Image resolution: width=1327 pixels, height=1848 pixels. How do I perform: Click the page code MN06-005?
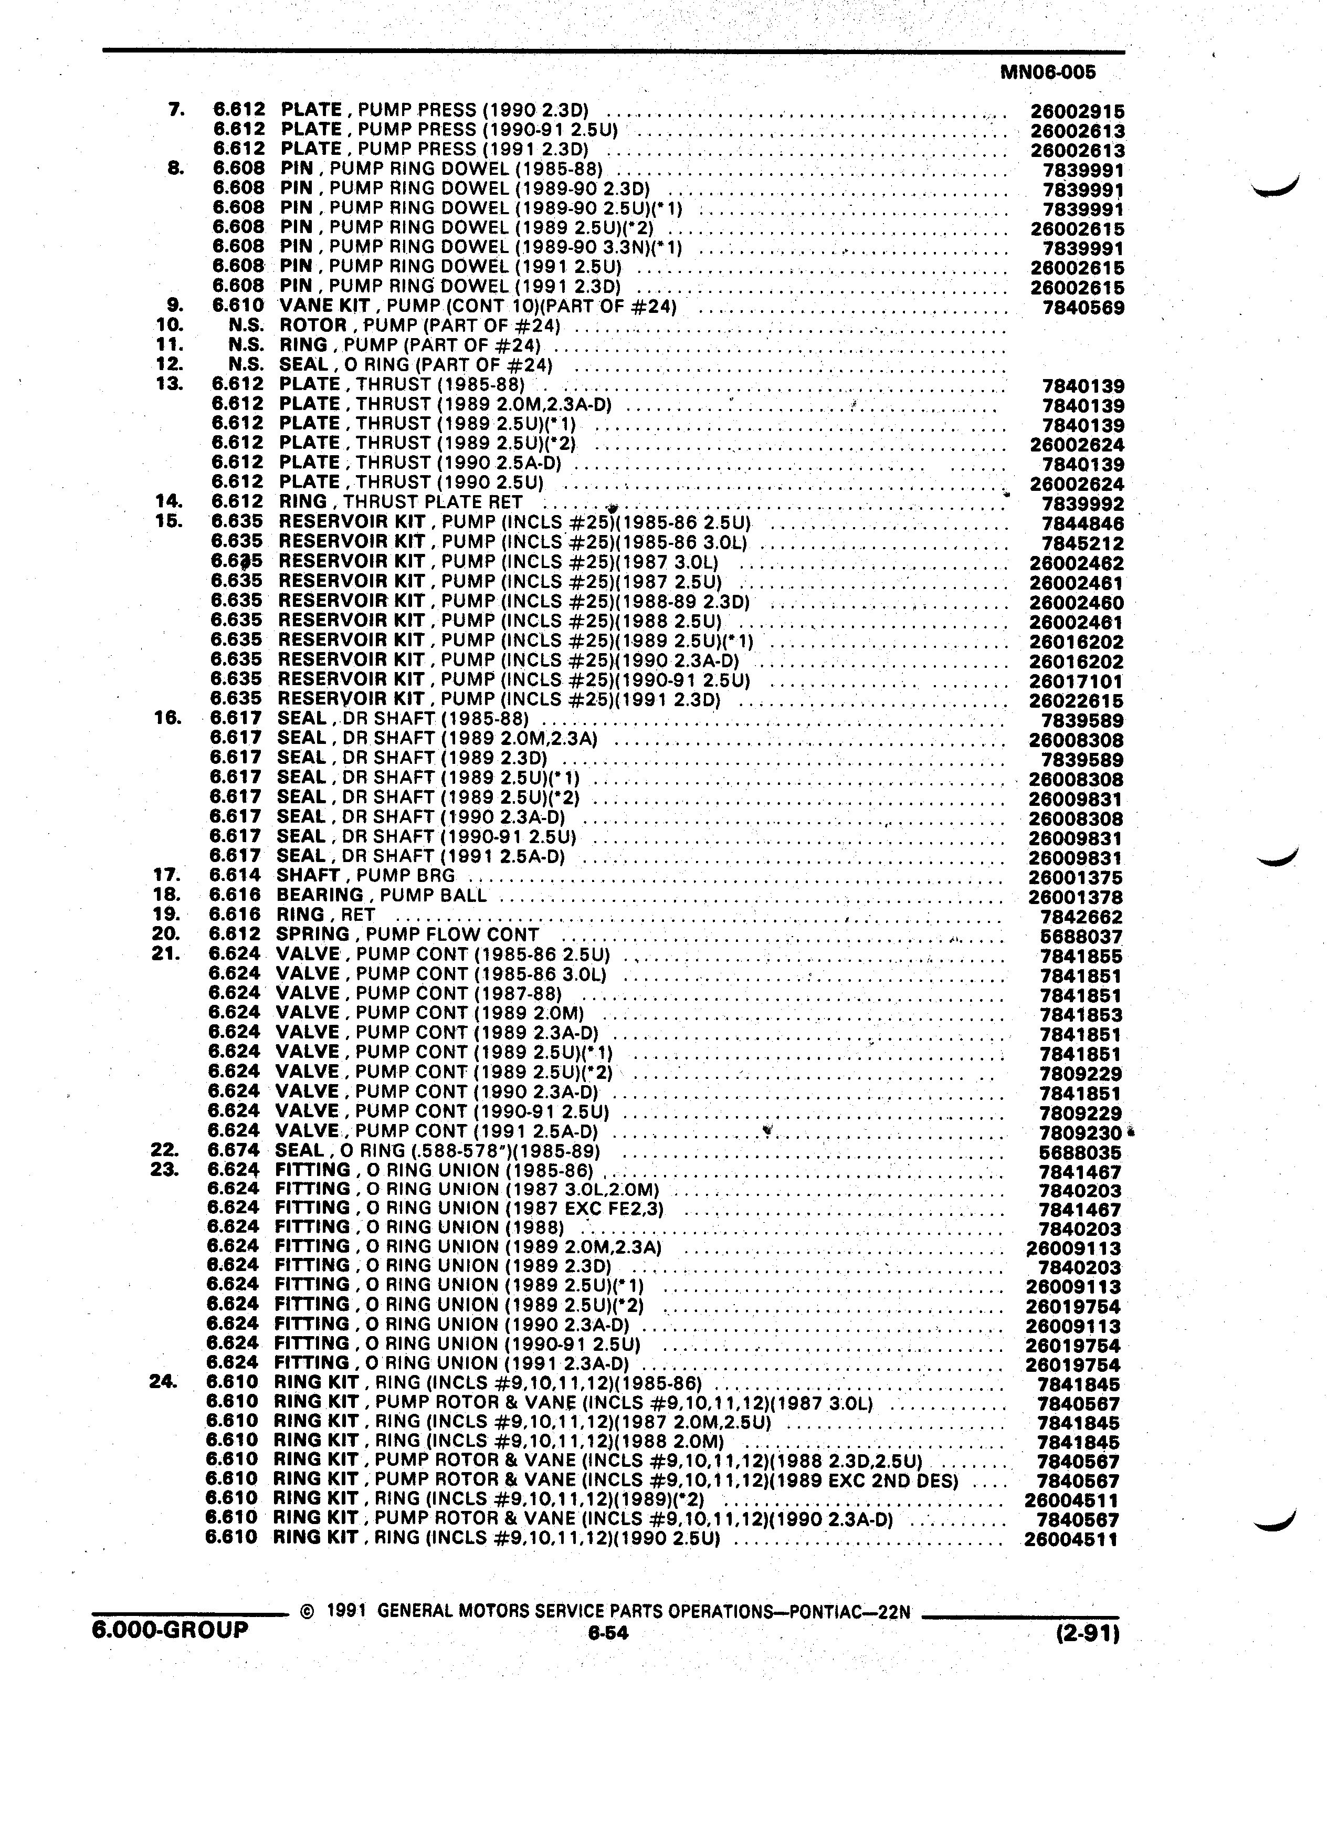[x=1048, y=72]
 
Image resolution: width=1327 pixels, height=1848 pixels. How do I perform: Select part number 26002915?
[x=1077, y=112]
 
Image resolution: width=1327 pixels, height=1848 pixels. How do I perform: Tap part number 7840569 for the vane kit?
[x=1083, y=308]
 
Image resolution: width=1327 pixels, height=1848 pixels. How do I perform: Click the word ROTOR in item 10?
[x=313, y=326]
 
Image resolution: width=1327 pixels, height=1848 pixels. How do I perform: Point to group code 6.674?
[x=234, y=1150]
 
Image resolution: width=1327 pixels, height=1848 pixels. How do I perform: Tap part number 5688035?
[x=1081, y=1153]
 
